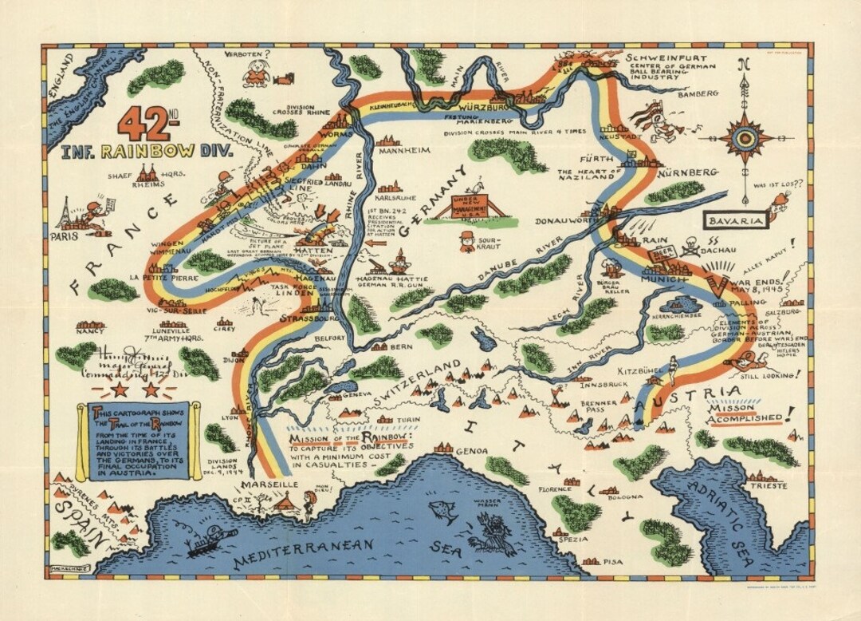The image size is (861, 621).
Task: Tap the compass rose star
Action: point(745,137)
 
